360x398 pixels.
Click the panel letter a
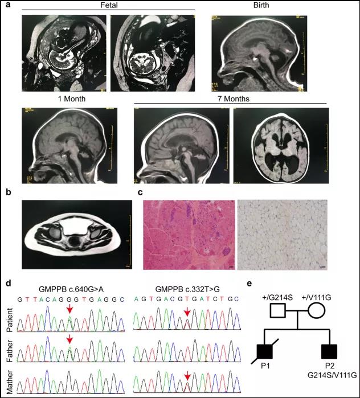point(8,5)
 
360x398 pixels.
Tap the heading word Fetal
point(109,5)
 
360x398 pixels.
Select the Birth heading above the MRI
point(261,5)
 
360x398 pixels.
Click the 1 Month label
point(72,99)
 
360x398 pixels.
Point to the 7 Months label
point(234,99)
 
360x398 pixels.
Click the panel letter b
point(9,192)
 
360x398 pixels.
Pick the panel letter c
point(140,192)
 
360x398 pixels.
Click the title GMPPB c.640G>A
point(71,289)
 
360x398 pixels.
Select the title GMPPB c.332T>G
point(187,289)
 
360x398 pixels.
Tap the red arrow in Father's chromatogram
point(70,339)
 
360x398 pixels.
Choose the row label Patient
point(10,320)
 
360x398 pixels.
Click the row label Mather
point(10,382)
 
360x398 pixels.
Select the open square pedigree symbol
point(278,310)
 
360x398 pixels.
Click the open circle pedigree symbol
point(317,310)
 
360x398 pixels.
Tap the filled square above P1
point(265,351)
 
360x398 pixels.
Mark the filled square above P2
point(329,351)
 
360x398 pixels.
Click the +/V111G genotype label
point(316,297)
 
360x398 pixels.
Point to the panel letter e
point(249,284)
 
